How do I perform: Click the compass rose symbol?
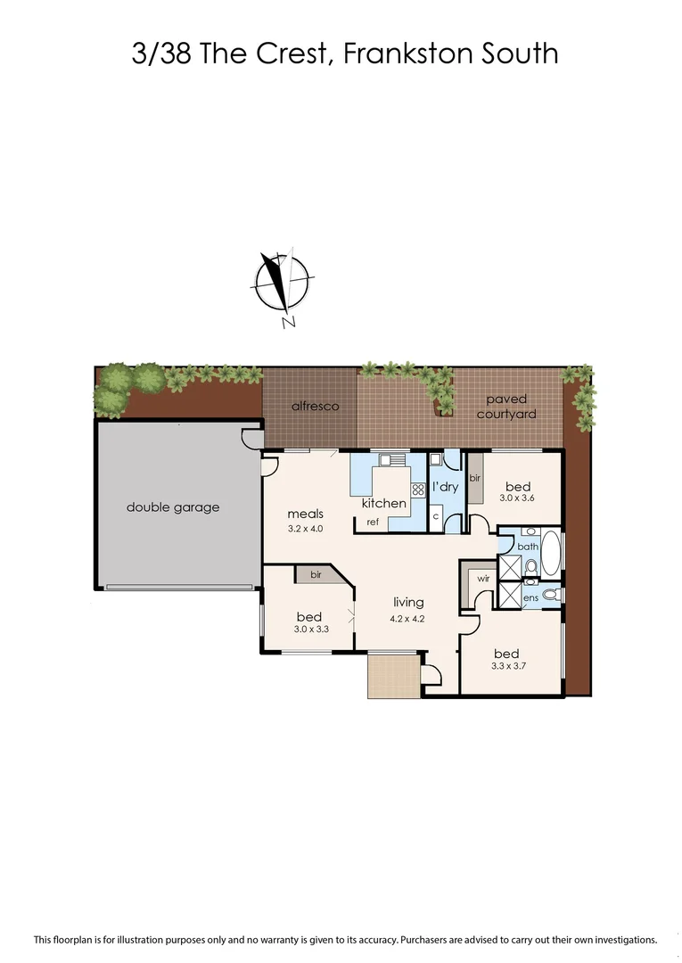coord(282,283)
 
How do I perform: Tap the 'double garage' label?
coord(172,507)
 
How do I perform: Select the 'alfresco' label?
coord(316,407)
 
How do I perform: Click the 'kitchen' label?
coord(383,503)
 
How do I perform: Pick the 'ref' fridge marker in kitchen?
coord(373,521)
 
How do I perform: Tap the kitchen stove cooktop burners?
coord(417,490)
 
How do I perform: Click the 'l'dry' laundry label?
coord(446,487)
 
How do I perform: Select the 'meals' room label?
coord(305,514)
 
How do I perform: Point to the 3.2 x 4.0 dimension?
coord(305,529)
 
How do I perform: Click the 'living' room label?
coord(406,602)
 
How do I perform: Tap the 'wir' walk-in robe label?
coord(482,578)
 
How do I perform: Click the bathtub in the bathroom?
coord(551,554)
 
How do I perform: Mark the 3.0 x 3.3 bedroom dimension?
coord(310,630)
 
